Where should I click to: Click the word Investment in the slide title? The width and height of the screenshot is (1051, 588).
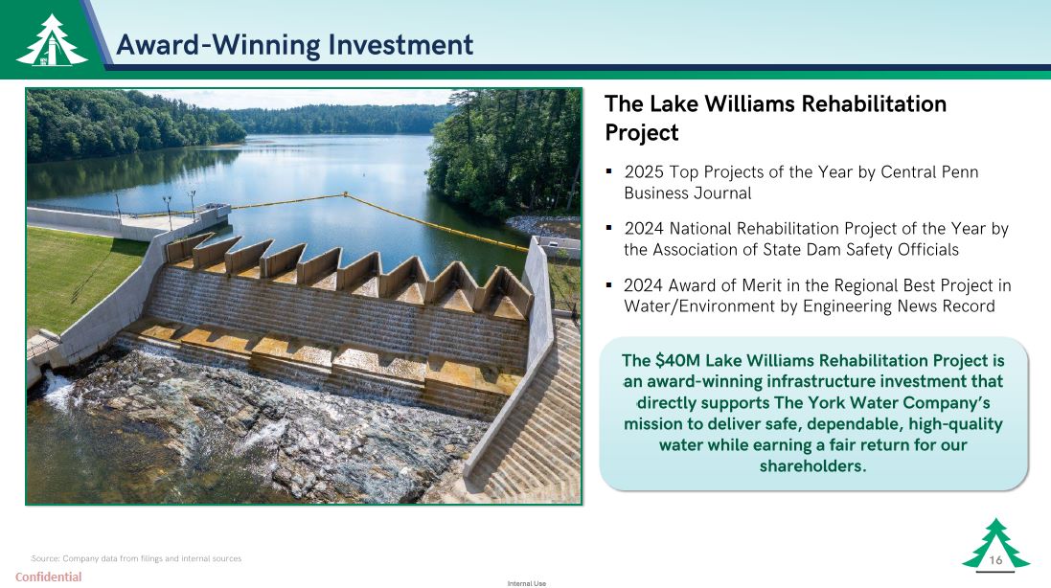(x=400, y=45)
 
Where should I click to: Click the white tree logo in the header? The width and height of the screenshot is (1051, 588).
(x=52, y=41)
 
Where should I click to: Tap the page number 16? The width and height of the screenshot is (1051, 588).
(x=996, y=560)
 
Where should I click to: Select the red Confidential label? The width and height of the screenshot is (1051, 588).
(x=48, y=577)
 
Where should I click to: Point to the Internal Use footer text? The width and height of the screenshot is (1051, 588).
(x=527, y=583)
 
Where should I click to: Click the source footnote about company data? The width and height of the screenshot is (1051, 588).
(x=136, y=558)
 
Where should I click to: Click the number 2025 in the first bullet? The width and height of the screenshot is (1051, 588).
(x=644, y=172)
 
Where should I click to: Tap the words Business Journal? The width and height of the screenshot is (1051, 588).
(x=688, y=192)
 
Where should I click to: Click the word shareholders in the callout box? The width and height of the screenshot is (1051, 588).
(x=812, y=465)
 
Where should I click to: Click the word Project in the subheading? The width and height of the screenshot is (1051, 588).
(x=642, y=132)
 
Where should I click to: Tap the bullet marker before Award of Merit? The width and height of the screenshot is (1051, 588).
(x=609, y=285)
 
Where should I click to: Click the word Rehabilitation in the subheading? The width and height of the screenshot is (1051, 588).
(x=874, y=103)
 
